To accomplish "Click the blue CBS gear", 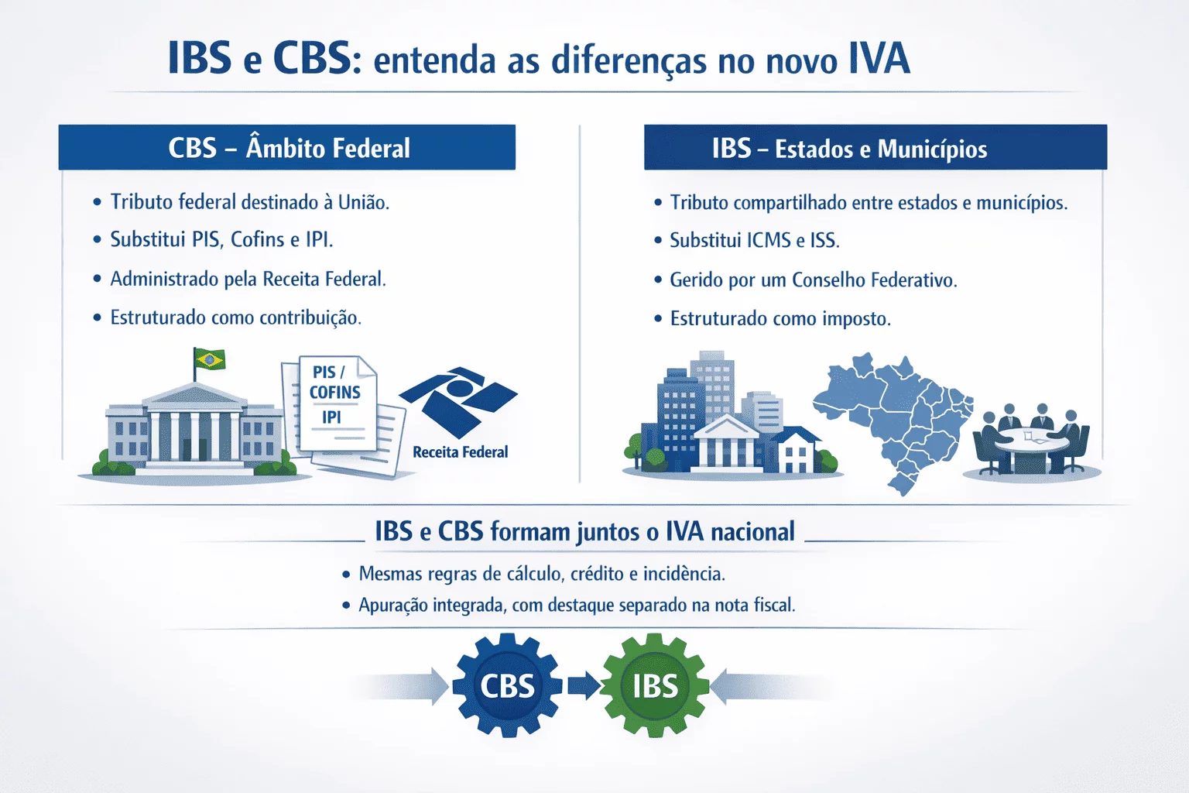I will pos(507,685).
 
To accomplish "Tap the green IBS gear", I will pos(655,685).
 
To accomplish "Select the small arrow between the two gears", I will pos(583,685).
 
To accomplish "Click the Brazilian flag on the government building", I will pos(209,360).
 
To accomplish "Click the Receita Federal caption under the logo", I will pos(460,452).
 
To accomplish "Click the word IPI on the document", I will pos(331,417).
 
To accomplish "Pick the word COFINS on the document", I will pos(335,393).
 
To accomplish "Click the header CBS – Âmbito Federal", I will pos(288,148).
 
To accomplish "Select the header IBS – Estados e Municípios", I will pos(849,148).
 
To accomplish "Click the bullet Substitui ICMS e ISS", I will pos(754,241).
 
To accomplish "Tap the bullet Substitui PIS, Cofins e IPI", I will pos(221,240).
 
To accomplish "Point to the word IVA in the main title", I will pos(879,60).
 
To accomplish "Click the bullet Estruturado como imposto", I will pos(780,318).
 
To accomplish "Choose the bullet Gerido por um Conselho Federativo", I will pos(813,280).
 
